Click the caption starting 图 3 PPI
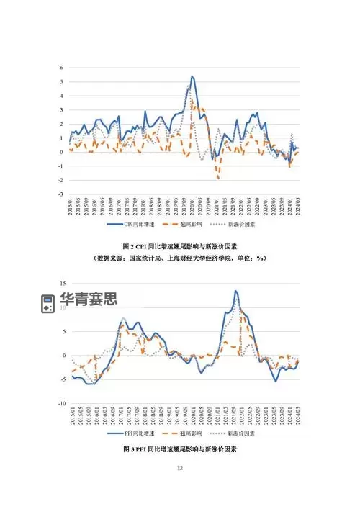(180, 449)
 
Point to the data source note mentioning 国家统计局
(180, 258)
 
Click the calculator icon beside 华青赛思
(48, 304)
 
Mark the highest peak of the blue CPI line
(192, 76)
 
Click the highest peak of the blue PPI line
(235, 291)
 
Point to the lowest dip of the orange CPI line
(218, 177)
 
